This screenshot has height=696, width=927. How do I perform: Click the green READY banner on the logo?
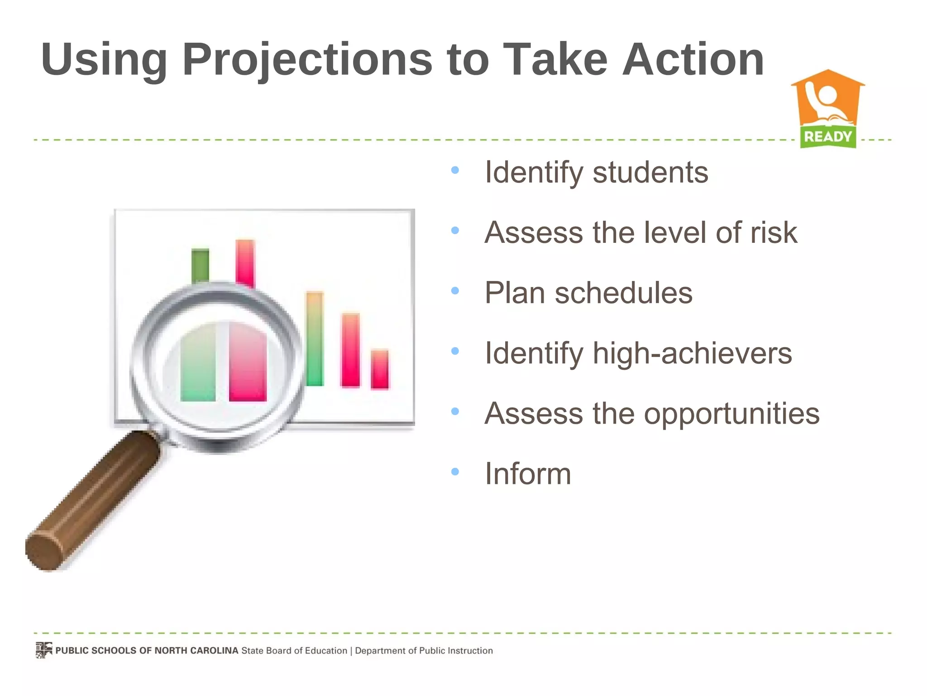(x=828, y=136)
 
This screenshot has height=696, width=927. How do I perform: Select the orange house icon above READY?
(x=828, y=97)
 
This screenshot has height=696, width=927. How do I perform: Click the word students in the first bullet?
(x=650, y=173)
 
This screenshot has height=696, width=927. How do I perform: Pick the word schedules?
(x=623, y=293)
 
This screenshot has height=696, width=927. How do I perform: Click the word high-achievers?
(x=692, y=353)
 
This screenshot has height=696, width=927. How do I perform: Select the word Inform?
(x=528, y=474)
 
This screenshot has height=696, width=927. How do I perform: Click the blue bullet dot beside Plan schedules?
(x=455, y=291)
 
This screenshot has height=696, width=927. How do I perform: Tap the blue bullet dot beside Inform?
(x=455, y=472)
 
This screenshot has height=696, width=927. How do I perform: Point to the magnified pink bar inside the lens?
(x=248, y=362)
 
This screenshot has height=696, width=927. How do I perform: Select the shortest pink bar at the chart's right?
(x=379, y=369)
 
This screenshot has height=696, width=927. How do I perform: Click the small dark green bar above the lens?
(x=200, y=265)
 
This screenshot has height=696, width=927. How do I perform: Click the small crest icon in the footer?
(x=44, y=650)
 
